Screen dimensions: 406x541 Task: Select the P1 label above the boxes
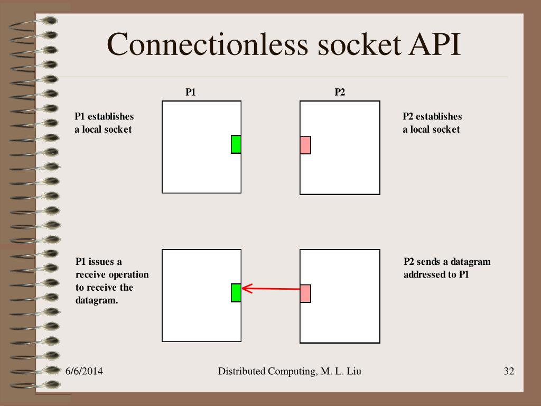coord(191,92)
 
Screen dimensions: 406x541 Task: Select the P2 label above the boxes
coord(340,92)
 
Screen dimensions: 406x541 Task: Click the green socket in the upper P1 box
coord(236,144)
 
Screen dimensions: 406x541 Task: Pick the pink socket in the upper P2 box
coord(305,145)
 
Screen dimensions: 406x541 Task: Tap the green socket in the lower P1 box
coord(236,293)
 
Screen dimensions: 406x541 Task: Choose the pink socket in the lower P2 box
coord(305,293)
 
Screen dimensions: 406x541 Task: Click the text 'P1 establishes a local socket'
coord(104,123)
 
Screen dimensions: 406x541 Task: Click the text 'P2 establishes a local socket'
coord(432,123)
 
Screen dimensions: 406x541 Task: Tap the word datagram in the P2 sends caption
coord(470,262)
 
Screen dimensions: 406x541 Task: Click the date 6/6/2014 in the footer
coord(84,372)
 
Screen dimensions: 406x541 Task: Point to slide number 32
coord(509,372)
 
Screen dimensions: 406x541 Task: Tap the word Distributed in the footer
coord(241,372)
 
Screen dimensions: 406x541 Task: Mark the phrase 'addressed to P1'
coord(436,275)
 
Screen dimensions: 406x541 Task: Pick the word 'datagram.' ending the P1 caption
coord(97,300)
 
